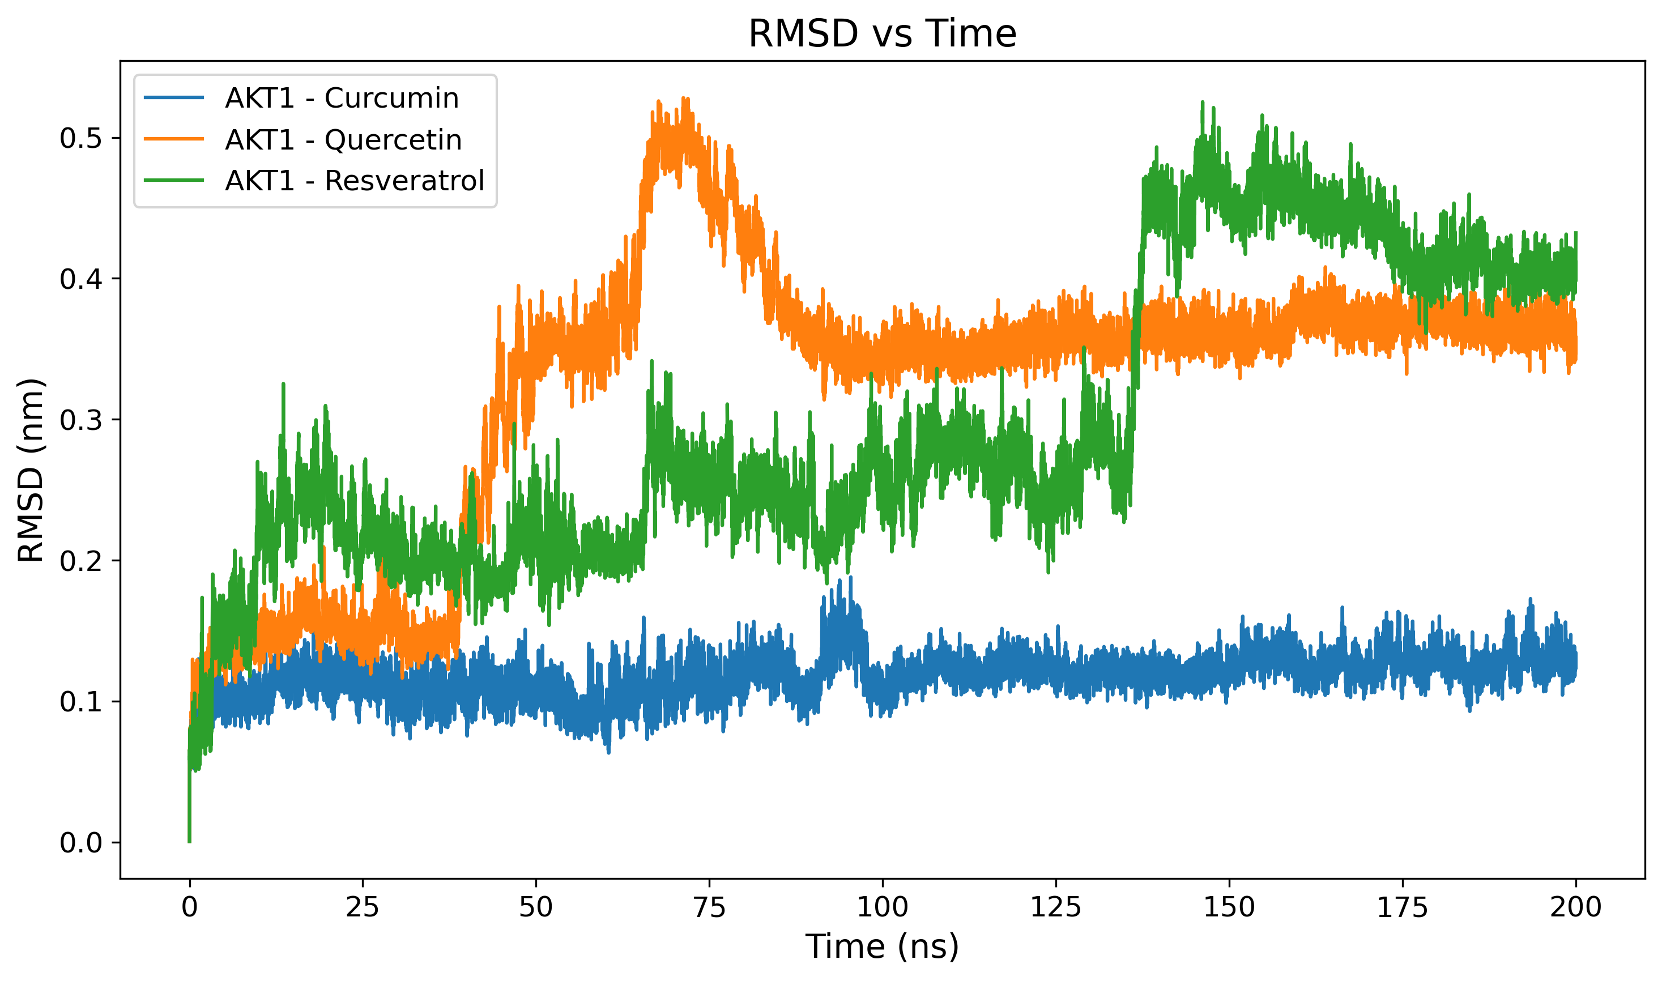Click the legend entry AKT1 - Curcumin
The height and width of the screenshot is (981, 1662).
tap(342, 99)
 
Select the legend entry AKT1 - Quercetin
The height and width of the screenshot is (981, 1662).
tap(343, 140)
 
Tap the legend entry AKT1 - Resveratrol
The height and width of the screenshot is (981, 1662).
tap(355, 181)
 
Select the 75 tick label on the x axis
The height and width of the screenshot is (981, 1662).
tap(709, 907)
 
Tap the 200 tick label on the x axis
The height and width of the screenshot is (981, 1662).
tap(1575, 907)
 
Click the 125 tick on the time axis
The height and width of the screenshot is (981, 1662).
tap(1056, 907)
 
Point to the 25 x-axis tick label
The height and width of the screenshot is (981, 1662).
tap(363, 907)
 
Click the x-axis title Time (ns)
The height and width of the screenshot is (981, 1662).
tap(882, 946)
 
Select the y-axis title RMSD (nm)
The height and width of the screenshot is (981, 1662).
tap(31, 471)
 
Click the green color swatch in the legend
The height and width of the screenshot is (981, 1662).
tap(174, 181)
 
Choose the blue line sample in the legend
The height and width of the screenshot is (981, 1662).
tap(174, 99)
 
